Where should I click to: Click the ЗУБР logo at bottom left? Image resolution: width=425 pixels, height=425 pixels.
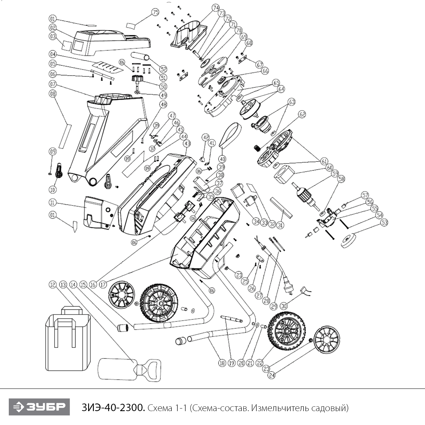[39, 407]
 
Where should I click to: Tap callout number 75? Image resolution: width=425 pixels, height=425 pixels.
[155, 12]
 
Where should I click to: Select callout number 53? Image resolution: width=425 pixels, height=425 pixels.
[384, 223]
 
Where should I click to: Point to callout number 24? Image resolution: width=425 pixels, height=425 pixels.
[271, 375]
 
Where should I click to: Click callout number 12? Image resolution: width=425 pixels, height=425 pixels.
[53, 284]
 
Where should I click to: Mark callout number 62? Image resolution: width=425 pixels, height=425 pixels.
[302, 114]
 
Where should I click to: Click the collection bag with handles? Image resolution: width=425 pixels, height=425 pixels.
[68, 339]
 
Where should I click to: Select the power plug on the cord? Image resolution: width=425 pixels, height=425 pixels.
[288, 286]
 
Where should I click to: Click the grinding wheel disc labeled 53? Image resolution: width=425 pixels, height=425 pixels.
[348, 240]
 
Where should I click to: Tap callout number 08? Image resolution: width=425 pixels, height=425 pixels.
[53, 93]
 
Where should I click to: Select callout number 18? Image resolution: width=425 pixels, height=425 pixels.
[222, 363]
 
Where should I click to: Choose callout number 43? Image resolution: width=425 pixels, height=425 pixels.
[187, 144]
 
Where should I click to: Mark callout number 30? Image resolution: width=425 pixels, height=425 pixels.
[284, 306]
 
